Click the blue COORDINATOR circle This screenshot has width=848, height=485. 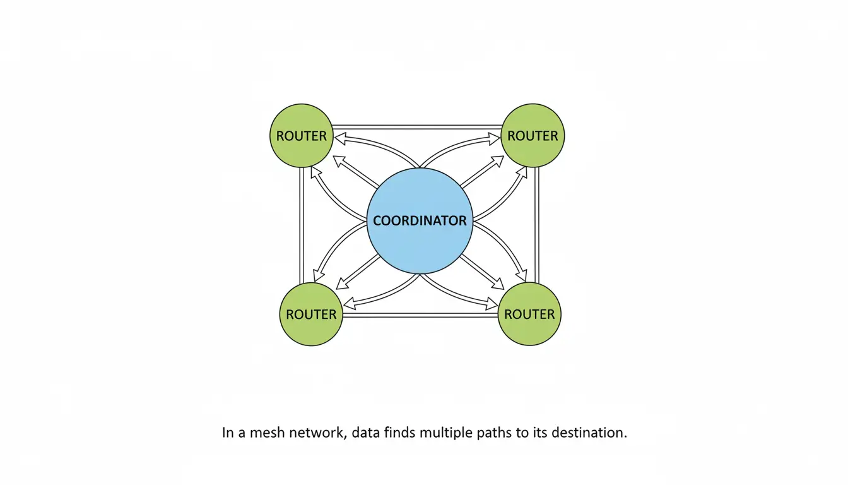(420, 221)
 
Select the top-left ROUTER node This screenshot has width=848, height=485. (302, 136)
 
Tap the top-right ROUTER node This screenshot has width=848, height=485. (533, 135)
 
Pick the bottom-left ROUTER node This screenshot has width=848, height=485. (311, 314)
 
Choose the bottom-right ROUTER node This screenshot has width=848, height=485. (529, 314)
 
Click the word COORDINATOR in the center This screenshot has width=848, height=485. (420, 220)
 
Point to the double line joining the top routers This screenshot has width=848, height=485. (417, 128)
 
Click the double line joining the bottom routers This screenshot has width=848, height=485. (420, 315)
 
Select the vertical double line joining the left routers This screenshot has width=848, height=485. (302, 226)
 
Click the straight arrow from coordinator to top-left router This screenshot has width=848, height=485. (356, 172)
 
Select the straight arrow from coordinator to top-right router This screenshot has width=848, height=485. (482, 172)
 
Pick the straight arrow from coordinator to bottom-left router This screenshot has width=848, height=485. (358, 272)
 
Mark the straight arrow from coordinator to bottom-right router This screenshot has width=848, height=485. (481, 272)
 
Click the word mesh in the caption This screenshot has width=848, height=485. (268, 433)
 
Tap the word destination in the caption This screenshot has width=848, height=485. (589, 433)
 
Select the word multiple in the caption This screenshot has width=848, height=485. (446, 433)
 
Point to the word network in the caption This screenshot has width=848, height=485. (318, 433)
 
